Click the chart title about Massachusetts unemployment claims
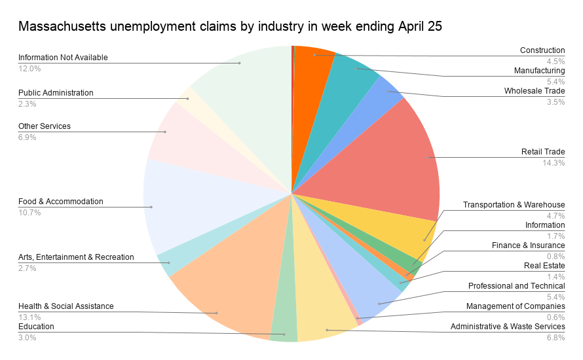[x=230, y=27]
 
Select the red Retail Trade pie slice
[x=393, y=157]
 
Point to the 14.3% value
[x=554, y=163]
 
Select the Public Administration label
[x=56, y=93]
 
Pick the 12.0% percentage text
[x=29, y=68]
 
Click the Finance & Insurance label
[x=528, y=245]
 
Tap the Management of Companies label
[x=516, y=306]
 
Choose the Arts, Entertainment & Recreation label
[x=76, y=257]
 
